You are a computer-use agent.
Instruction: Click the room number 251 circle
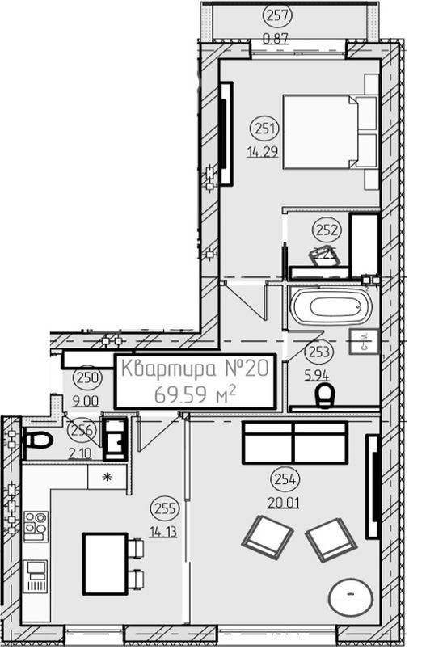point(266,127)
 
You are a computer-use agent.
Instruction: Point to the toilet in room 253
point(325,396)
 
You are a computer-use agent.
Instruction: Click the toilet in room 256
point(37,440)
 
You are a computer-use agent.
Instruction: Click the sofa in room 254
point(295,442)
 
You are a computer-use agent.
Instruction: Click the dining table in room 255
point(104,563)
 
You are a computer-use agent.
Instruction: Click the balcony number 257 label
point(277,15)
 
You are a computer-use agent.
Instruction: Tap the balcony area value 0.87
point(277,37)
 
